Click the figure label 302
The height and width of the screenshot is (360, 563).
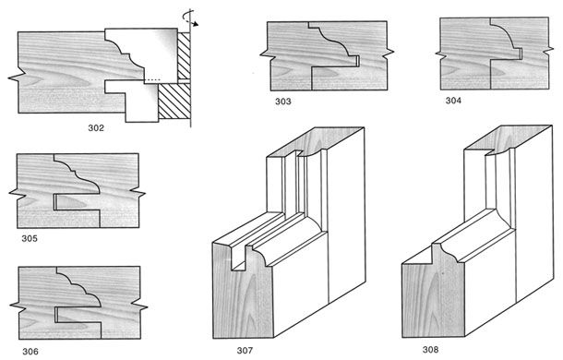(x=96, y=127)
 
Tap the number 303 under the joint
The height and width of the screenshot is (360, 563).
(x=283, y=102)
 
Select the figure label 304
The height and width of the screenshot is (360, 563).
(x=453, y=101)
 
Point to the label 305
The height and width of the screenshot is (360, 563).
(x=30, y=238)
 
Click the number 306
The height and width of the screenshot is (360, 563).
(x=30, y=351)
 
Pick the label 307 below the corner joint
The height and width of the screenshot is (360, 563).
(x=245, y=350)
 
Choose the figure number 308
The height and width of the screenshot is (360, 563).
(x=430, y=349)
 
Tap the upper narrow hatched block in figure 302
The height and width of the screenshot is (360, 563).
(x=184, y=55)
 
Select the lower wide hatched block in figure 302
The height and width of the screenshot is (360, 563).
(x=174, y=101)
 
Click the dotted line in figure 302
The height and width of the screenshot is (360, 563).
(x=153, y=79)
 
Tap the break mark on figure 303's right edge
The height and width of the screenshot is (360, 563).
(x=389, y=53)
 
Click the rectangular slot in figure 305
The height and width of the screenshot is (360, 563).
(x=76, y=202)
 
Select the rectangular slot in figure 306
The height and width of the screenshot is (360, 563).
(x=78, y=315)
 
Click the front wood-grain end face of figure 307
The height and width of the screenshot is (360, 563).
(x=244, y=291)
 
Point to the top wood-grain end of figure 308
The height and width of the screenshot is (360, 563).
(x=508, y=138)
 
